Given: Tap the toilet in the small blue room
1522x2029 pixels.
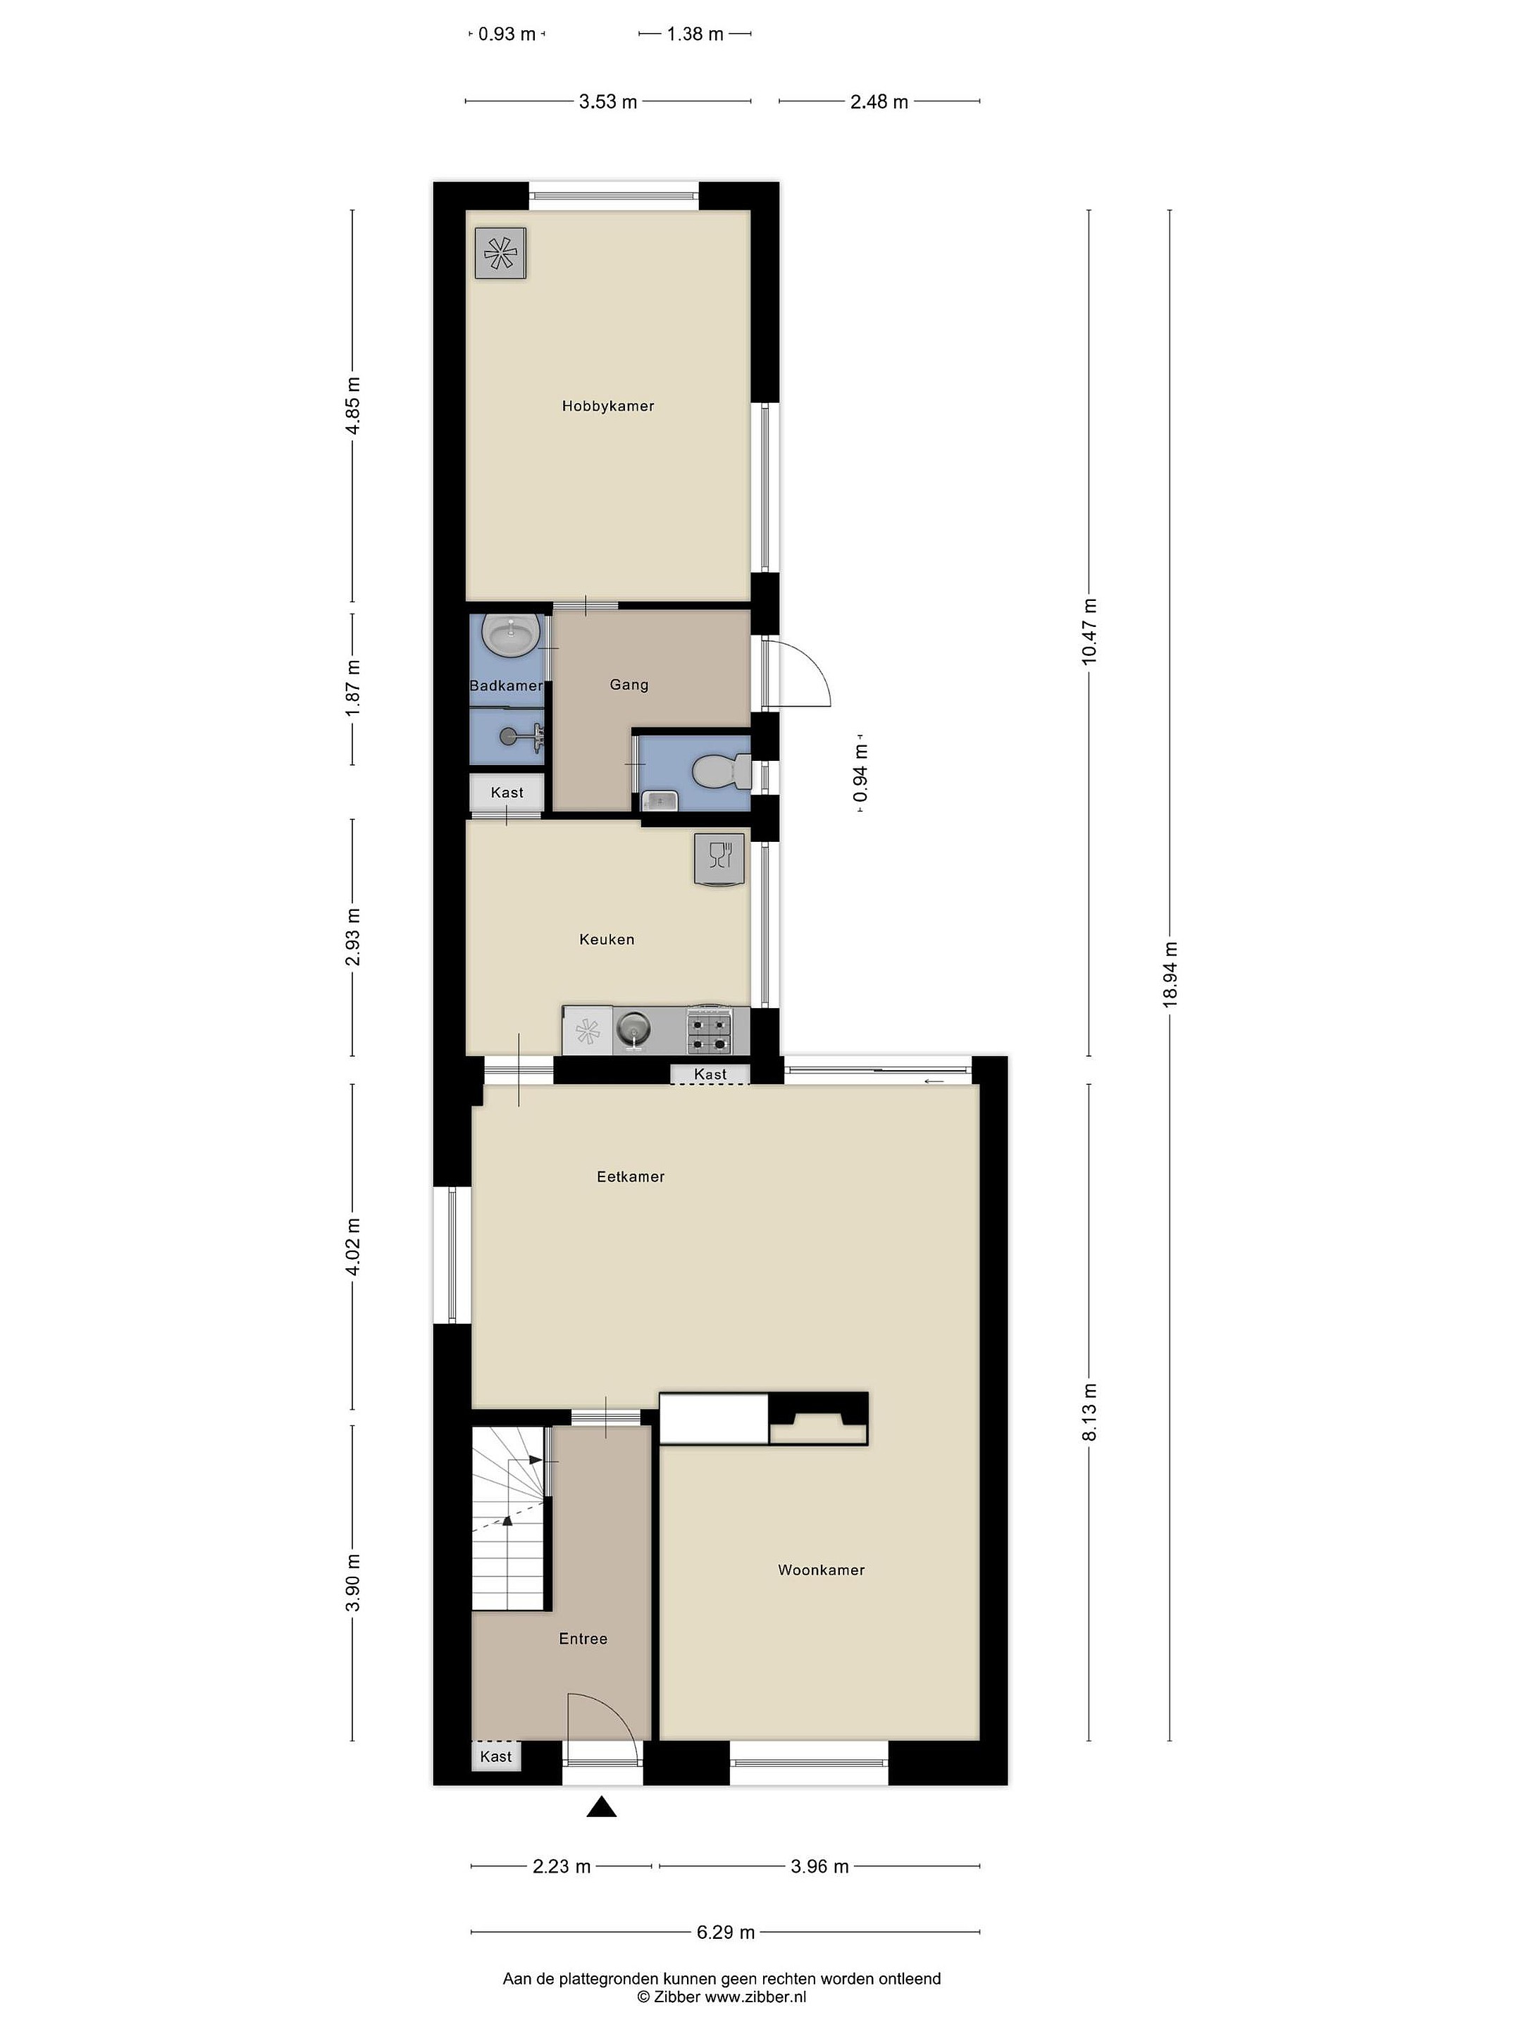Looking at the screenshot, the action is click(x=721, y=771).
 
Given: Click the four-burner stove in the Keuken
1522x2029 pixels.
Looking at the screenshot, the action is click(x=710, y=1031).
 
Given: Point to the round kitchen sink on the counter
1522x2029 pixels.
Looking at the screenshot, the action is click(x=632, y=1030).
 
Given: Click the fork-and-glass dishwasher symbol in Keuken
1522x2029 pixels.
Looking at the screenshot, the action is click(x=719, y=860).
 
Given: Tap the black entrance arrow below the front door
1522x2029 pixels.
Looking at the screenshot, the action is click(x=601, y=1806).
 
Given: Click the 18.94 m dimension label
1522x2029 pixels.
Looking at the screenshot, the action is click(x=1170, y=975).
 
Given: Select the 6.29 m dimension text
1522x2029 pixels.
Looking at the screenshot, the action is click(x=726, y=1932).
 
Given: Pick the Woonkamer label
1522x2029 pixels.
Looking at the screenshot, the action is click(x=821, y=1570).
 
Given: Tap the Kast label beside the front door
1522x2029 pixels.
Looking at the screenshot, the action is click(x=495, y=1756).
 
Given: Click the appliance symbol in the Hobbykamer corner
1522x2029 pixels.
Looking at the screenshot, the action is click(x=500, y=252).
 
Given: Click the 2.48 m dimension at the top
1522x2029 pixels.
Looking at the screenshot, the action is click(x=879, y=102).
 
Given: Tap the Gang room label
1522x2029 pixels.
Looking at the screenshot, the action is click(x=629, y=684).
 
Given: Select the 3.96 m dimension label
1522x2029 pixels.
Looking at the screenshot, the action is click(x=819, y=1866).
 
